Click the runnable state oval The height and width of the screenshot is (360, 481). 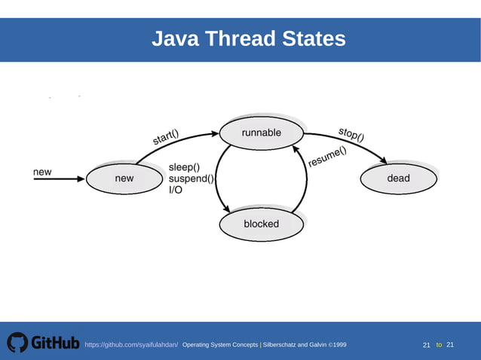tap(261, 133)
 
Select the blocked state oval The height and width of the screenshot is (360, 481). tap(261, 224)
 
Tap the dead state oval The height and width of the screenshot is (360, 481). tap(398, 178)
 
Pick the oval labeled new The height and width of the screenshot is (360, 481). tap(124, 178)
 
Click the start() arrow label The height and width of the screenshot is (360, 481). tap(166, 139)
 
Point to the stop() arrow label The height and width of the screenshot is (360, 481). tap(351, 135)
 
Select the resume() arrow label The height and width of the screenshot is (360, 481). tap(327, 156)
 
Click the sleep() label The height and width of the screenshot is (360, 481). tap(184, 167)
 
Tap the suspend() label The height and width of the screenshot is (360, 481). tap(191, 179)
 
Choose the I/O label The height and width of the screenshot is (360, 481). tap(175, 191)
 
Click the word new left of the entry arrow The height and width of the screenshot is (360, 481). tap(42, 172)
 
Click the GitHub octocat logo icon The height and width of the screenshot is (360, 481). tap(17, 343)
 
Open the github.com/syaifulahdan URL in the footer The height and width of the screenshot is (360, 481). tap(131, 345)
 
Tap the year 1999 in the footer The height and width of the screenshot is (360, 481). tap(338, 345)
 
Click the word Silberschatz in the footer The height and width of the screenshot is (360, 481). tap(280, 345)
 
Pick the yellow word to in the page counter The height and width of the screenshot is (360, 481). tap(439, 345)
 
